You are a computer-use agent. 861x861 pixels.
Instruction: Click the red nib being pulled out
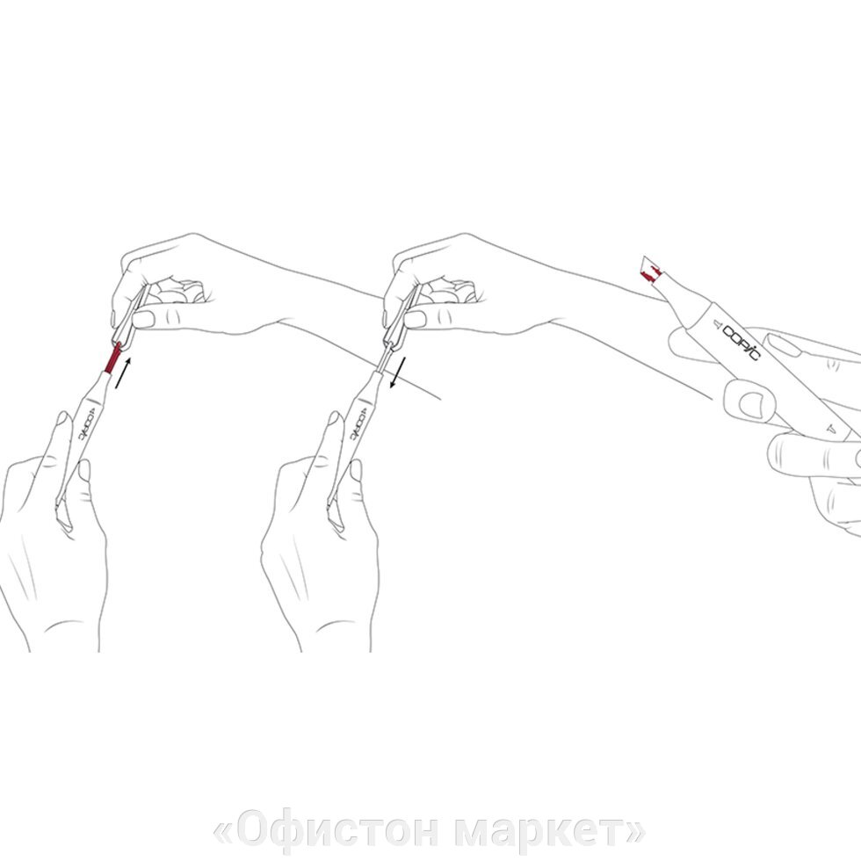pyautogui.click(x=112, y=358)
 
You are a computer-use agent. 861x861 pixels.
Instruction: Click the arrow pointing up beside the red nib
pyautogui.click(x=124, y=373)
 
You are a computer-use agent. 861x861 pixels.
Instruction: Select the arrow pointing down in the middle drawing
pyautogui.click(x=397, y=372)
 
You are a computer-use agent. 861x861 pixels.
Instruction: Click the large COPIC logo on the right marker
pyautogui.click(x=742, y=342)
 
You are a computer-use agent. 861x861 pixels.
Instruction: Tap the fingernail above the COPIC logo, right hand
pyautogui.click(x=783, y=345)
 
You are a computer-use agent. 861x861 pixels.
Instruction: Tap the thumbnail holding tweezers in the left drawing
pyautogui.click(x=144, y=319)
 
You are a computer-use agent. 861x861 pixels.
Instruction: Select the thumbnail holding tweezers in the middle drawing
pyautogui.click(x=416, y=319)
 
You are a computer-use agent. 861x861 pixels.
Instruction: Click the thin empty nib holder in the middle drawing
pyautogui.click(x=385, y=358)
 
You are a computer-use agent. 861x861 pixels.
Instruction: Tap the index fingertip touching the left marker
pyautogui.click(x=64, y=421)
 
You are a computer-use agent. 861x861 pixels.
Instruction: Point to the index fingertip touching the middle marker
pyautogui.click(x=336, y=421)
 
